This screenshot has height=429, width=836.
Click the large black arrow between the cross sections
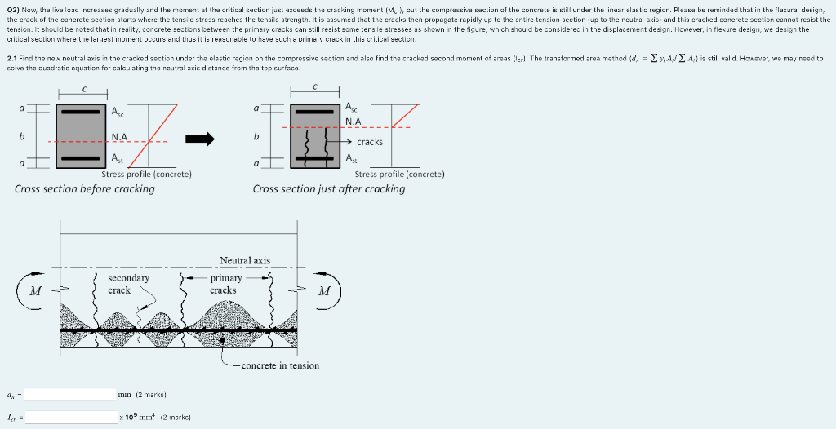[x=199, y=139]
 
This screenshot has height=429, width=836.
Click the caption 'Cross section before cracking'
[x=85, y=188]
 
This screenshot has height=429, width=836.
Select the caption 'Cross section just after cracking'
[x=329, y=188]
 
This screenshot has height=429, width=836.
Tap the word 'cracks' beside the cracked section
[x=369, y=142]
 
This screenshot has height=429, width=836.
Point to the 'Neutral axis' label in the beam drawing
[x=244, y=260]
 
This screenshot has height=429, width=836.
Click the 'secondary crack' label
[x=128, y=284]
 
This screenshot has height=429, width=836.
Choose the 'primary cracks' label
[x=223, y=284]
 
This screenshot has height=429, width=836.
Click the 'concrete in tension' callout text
[x=280, y=365]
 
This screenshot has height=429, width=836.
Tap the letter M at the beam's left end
[x=35, y=290]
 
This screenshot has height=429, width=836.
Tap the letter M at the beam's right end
[x=325, y=290]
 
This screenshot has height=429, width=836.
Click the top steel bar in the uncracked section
[x=82, y=111]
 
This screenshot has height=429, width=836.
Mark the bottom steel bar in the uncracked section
[x=82, y=157]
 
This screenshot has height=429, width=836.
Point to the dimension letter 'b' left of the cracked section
[x=257, y=135]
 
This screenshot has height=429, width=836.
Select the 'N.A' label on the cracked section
[x=353, y=121]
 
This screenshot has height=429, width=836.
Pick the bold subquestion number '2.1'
[x=11, y=59]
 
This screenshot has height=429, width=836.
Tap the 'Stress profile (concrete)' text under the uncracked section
[x=146, y=174]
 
